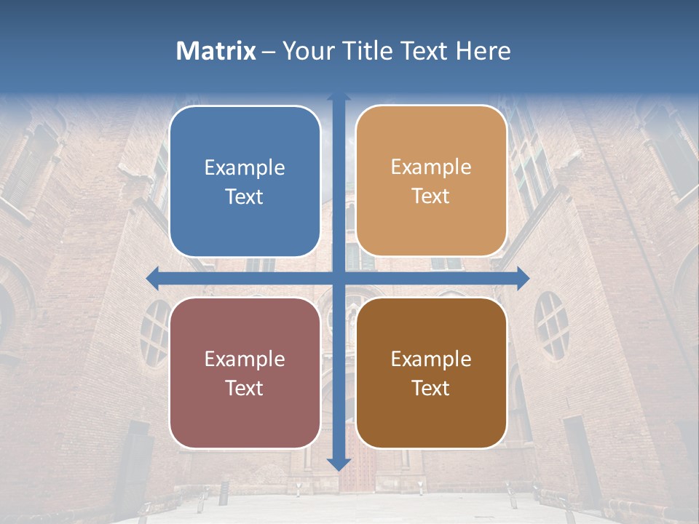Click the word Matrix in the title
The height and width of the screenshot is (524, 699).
tap(216, 51)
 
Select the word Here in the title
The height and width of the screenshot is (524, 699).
tap(483, 51)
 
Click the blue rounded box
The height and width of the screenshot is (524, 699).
tap(245, 181)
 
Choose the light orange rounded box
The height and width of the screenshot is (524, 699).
tap(431, 181)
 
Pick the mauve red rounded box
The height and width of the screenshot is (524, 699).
tap(245, 373)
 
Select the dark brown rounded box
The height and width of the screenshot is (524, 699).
tap(431, 373)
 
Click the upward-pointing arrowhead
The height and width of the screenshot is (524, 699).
tap(339, 97)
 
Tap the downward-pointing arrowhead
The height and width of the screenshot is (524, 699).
tap(339, 464)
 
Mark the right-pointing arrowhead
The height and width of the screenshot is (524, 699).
tap(524, 277)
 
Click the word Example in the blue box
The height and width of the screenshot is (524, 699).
tap(245, 167)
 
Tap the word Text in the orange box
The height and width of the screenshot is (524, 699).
tap(431, 196)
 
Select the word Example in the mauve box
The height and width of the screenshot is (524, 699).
tap(245, 359)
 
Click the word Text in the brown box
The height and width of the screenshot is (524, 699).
tap(431, 388)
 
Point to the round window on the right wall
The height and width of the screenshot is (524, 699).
tap(551, 325)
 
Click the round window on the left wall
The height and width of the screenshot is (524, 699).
tap(154, 332)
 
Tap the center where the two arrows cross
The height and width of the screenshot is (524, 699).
tap(339, 277)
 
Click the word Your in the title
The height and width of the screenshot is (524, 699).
tap(304, 51)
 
